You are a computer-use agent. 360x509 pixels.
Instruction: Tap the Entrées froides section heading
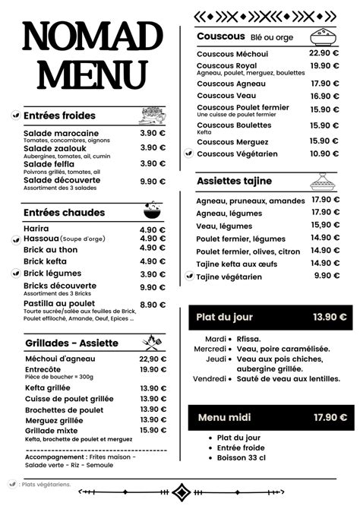(59, 115)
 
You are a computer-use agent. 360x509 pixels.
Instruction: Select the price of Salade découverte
(152, 181)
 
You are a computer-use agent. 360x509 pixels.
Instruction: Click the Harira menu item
(36, 229)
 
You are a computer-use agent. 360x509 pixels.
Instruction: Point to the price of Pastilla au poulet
(152, 305)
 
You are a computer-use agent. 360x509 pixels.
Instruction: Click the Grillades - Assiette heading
(71, 343)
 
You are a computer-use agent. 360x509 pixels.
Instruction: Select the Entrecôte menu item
(43, 369)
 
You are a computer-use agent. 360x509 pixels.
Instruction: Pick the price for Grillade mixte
(152, 430)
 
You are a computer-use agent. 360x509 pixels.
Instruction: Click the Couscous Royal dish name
(226, 66)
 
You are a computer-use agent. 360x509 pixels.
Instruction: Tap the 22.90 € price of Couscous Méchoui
(324, 53)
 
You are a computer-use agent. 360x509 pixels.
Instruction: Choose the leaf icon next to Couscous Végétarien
(188, 153)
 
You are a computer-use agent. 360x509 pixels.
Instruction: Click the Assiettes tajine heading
(234, 182)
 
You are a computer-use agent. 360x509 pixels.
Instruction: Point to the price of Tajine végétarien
(327, 276)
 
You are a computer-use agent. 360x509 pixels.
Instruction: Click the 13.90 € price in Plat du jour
(330, 317)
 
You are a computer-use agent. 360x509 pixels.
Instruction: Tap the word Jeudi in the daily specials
(216, 359)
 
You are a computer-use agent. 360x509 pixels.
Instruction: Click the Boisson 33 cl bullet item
(242, 457)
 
